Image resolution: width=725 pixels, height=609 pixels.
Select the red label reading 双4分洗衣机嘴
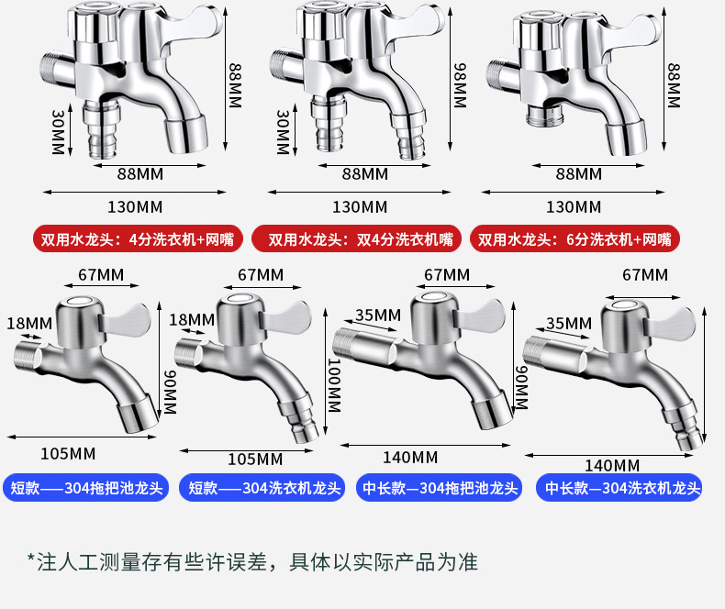[x=359, y=239]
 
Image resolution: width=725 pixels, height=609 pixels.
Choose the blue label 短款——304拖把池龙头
[x=87, y=489]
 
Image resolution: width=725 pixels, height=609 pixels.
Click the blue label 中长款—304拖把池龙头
[x=441, y=489]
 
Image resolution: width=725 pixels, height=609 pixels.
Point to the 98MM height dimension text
[x=459, y=84]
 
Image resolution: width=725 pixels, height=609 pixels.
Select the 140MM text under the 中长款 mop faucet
[x=410, y=457]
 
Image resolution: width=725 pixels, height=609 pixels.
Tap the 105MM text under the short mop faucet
[x=68, y=453]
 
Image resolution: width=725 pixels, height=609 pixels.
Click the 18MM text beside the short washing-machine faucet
[x=192, y=319]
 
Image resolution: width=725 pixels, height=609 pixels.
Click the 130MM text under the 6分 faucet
[x=574, y=207]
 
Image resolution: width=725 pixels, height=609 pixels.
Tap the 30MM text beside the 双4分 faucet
[x=283, y=133]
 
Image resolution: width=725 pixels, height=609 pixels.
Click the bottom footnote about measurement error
[x=252, y=561]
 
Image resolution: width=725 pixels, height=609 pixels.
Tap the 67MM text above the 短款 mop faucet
[x=101, y=275]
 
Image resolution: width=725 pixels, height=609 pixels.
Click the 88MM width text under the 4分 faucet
[x=139, y=173]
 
